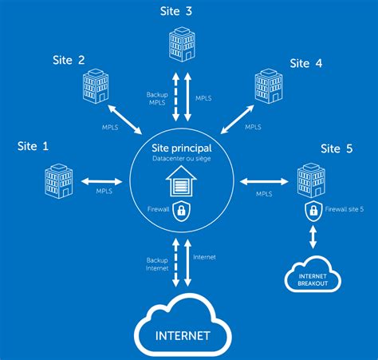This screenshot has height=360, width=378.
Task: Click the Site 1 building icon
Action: pos(57,181)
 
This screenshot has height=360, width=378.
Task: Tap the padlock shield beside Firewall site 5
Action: pos(313,210)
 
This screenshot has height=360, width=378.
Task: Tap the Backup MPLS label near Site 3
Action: pos(157,98)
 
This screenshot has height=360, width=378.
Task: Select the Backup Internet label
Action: pos(156,263)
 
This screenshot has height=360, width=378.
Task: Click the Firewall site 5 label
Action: pos(345,210)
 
